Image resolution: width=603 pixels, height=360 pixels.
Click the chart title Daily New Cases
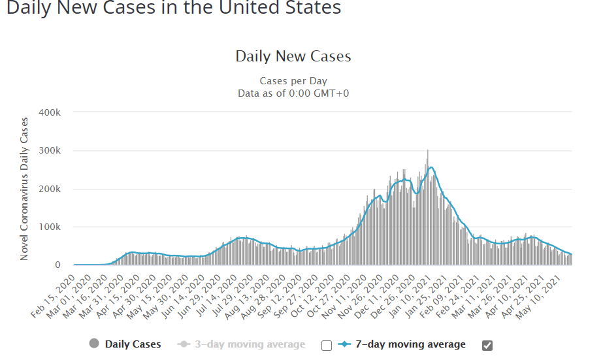tap(293, 56)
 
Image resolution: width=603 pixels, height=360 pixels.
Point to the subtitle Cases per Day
tap(293, 81)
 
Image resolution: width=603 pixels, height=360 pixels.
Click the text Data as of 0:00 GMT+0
tap(293, 93)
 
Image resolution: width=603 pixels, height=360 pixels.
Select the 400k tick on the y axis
tap(50, 112)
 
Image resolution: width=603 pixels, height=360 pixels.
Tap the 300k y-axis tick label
tap(50, 151)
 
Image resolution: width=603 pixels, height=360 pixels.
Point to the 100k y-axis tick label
tap(50, 227)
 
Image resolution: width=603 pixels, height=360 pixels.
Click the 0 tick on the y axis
tap(57, 265)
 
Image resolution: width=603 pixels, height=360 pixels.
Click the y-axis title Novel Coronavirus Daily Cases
tap(24, 189)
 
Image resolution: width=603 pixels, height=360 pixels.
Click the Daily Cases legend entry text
tap(133, 344)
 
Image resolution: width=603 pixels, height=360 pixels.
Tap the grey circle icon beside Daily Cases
tap(94, 344)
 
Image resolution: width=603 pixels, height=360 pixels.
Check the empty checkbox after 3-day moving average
tap(327, 345)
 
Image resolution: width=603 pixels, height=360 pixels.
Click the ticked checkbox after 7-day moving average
tap(487, 345)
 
